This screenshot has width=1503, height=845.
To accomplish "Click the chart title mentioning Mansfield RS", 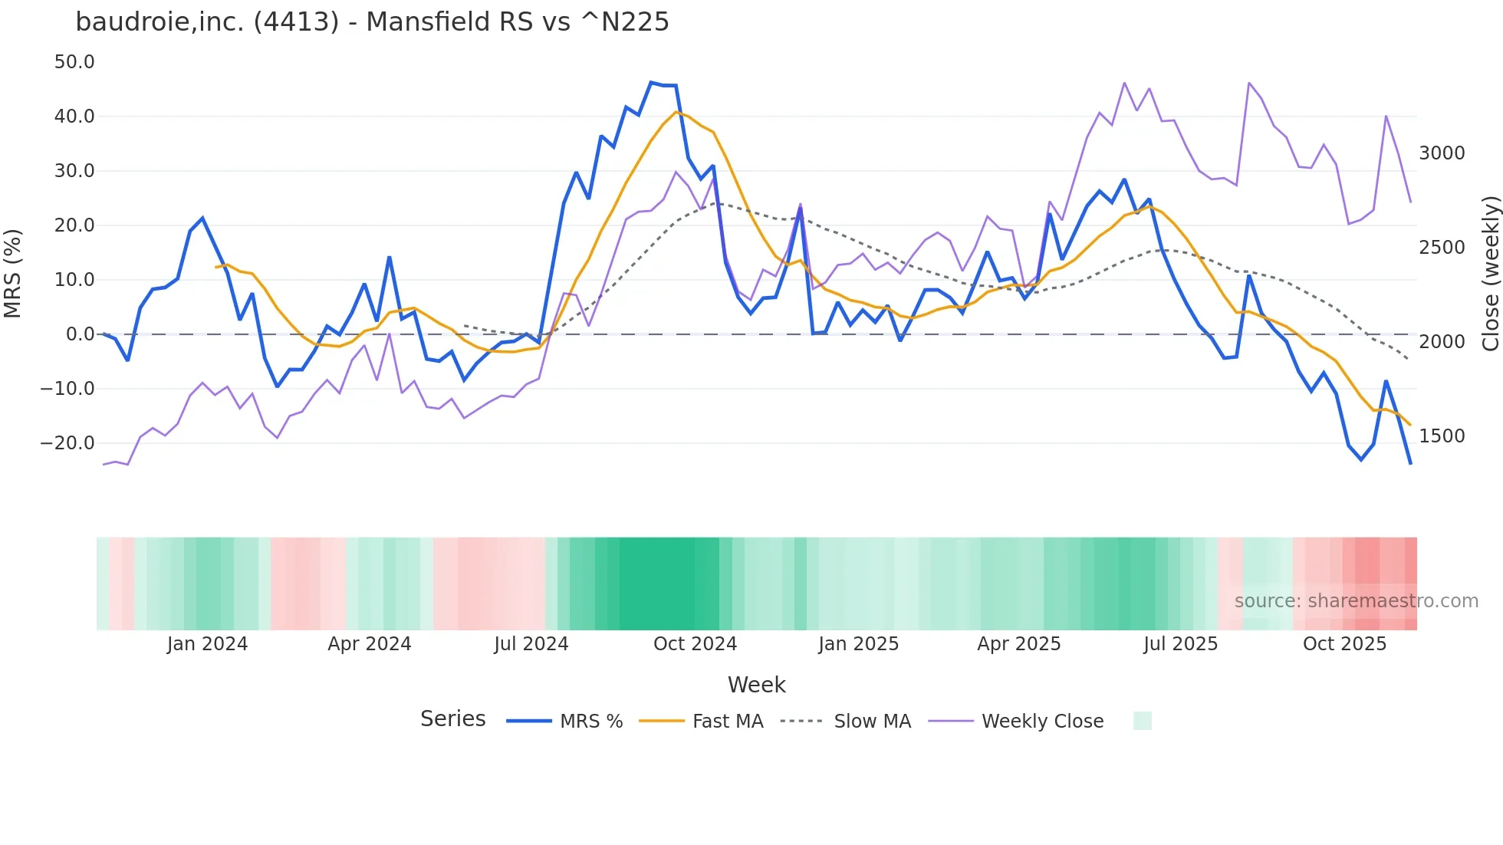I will pos(372,21).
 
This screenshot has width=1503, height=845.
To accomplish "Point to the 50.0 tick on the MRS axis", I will pos(74,62).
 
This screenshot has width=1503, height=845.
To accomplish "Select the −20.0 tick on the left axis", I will pos(67,443).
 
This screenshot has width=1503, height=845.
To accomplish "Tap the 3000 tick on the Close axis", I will pos(1442,153).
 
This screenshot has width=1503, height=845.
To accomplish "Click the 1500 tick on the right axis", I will pos(1442,436).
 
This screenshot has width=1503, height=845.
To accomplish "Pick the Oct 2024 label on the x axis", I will pos(695,644).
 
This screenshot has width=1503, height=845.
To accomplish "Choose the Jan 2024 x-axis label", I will pos(207,644).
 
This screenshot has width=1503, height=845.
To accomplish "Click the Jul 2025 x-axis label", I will pos(1180,644).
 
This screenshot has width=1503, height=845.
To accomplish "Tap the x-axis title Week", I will pos(756,685).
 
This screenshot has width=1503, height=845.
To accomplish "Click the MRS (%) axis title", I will pos(13,273).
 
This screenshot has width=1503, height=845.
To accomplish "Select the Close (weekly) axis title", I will pos(1490,273).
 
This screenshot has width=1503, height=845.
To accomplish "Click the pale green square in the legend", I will pos(1142,721).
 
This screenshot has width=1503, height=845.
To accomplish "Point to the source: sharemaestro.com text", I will pos(1356,601).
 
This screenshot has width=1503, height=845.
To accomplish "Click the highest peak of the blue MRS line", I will pos(651,82).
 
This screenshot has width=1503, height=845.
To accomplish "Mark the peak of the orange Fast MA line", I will pos(676,112).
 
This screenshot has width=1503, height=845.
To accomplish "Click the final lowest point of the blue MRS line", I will pos(1410,464).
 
